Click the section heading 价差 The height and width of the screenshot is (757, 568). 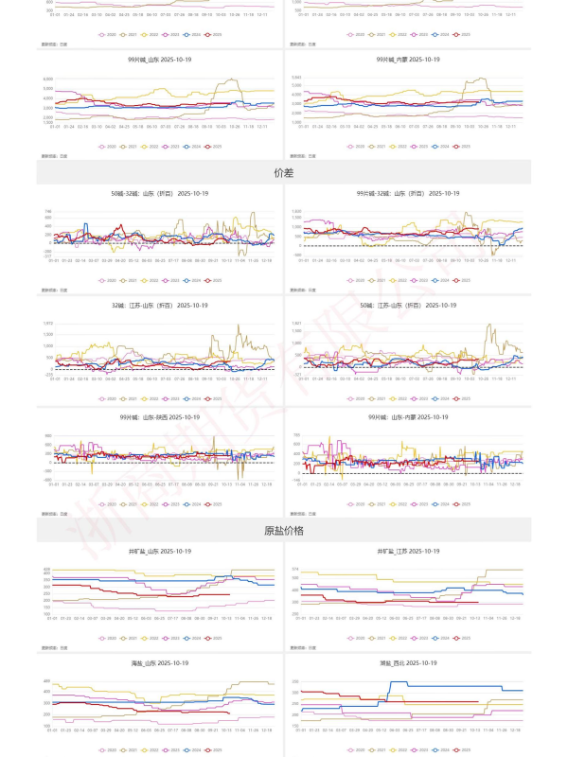click(x=283, y=173)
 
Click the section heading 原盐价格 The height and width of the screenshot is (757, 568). click(x=283, y=531)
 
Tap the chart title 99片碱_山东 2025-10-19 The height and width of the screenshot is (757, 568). click(x=159, y=59)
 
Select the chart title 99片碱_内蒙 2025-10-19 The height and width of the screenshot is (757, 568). click(x=408, y=59)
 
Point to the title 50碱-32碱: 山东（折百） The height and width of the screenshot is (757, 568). click(x=159, y=193)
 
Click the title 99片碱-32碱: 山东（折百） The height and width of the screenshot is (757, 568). click(x=408, y=193)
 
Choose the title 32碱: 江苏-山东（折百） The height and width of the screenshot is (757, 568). click(x=159, y=306)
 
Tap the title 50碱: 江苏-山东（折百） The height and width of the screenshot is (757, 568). click(x=408, y=306)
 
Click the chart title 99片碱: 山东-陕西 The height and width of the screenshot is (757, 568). click(x=159, y=416)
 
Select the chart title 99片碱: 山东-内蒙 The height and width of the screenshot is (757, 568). click(x=408, y=416)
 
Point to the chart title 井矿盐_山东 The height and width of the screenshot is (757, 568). click(x=159, y=551)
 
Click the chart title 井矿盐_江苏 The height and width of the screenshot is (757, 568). click(x=408, y=551)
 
